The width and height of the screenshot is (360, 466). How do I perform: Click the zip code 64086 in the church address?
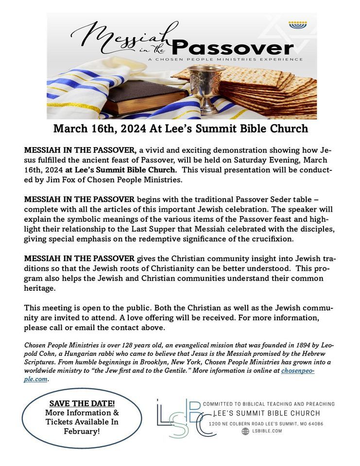(x=313, y=424)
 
